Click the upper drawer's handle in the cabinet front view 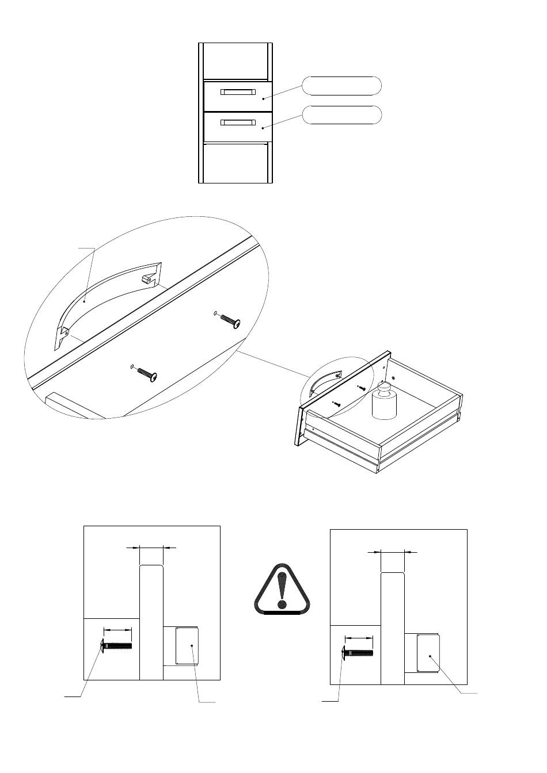click(237, 92)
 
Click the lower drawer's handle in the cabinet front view click(237, 122)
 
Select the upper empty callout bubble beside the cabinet click(342, 85)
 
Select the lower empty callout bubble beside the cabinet click(342, 115)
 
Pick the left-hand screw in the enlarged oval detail click(147, 374)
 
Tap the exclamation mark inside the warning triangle click(282, 590)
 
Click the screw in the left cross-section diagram click(117, 646)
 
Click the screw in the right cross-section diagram click(358, 652)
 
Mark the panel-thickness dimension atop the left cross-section click(151, 548)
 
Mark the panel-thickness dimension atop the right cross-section click(393, 552)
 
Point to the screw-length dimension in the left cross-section click(117, 630)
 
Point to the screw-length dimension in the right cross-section click(359, 637)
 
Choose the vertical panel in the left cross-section click(151, 621)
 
